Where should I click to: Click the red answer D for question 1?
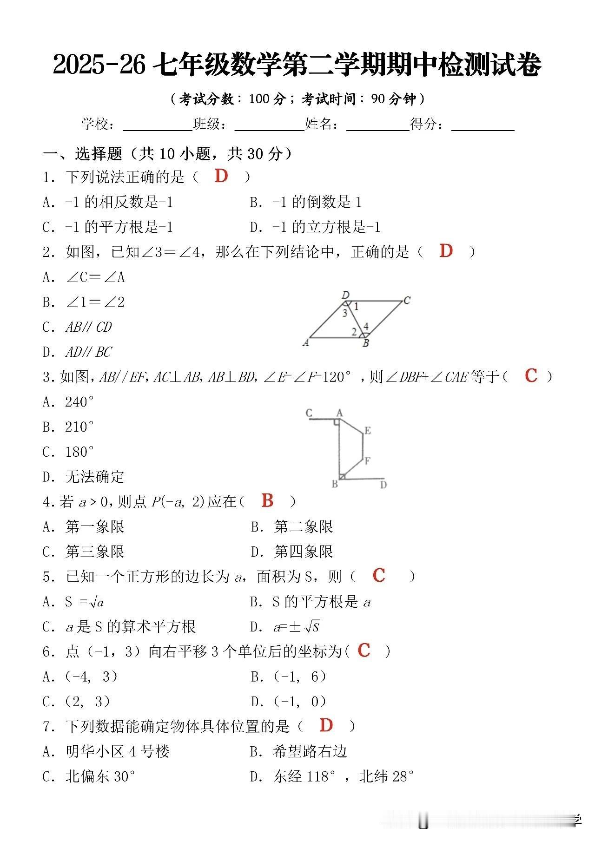click(x=221, y=176)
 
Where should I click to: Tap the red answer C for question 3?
click(x=531, y=375)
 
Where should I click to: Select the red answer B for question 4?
click(x=267, y=500)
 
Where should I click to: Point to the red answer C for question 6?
click(x=364, y=650)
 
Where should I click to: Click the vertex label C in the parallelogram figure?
click(x=407, y=301)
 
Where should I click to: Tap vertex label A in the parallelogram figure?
click(x=305, y=343)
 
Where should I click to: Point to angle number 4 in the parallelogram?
click(x=366, y=327)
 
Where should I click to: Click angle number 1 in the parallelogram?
click(x=356, y=307)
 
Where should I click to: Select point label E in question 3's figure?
click(x=368, y=431)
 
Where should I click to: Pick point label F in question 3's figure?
click(x=367, y=461)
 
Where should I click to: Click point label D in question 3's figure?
click(x=383, y=485)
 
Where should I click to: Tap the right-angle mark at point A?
click(x=336, y=422)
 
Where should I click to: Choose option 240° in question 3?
click(x=79, y=402)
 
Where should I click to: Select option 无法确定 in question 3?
click(x=95, y=477)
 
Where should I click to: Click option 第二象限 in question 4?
click(x=303, y=527)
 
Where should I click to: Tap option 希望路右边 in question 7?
click(x=310, y=752)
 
